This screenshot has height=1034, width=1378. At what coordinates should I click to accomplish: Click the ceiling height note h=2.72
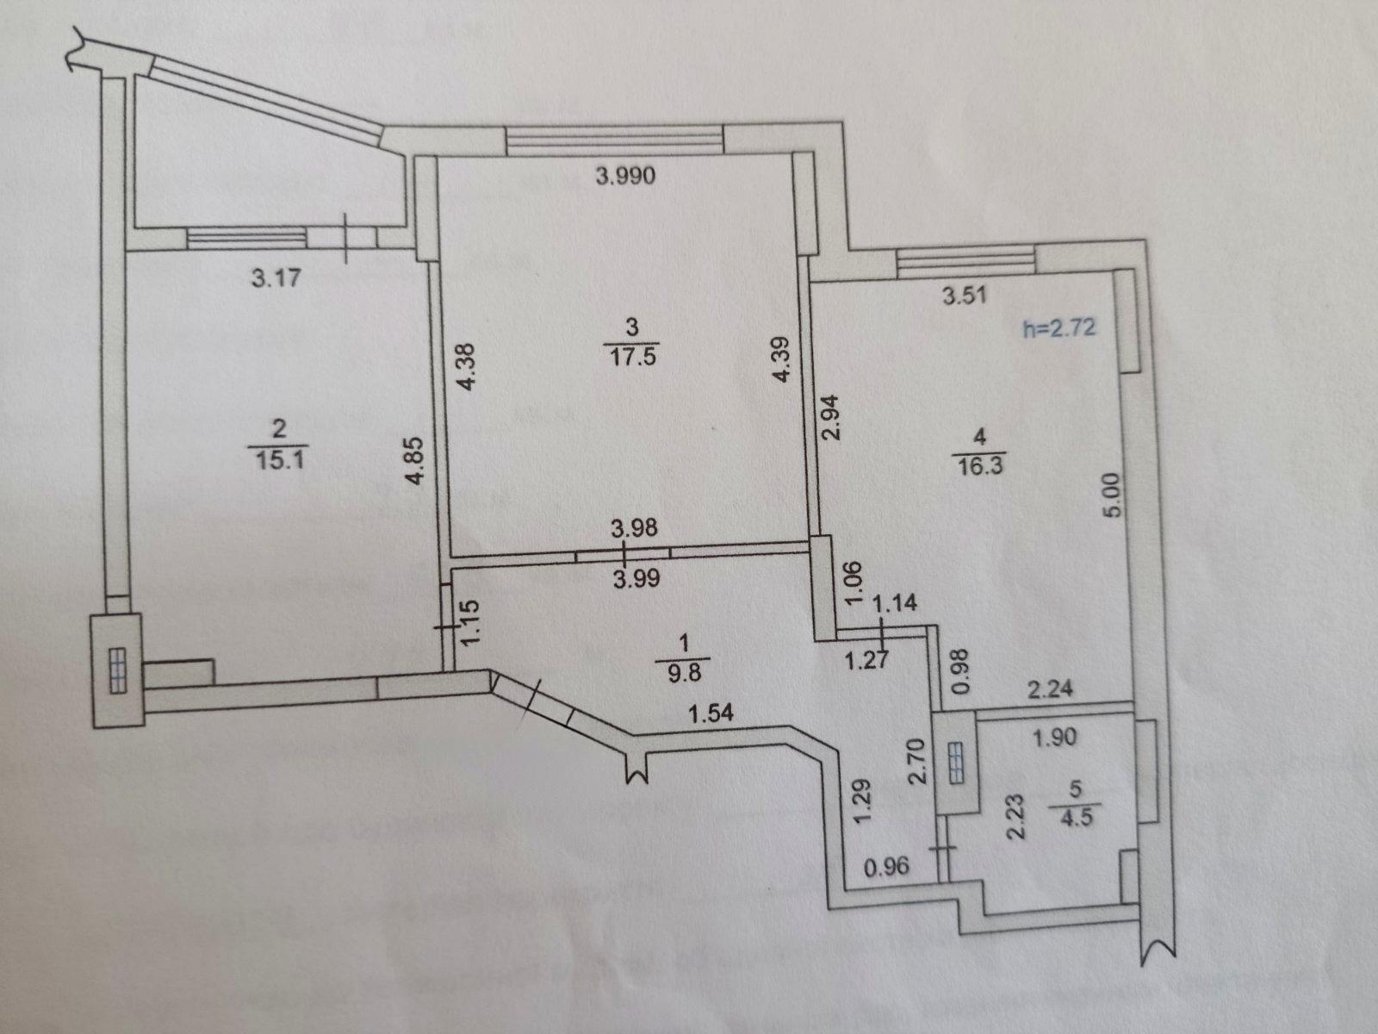click(1059, 327)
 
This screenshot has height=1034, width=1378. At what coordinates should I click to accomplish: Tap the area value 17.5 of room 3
click(632, 357)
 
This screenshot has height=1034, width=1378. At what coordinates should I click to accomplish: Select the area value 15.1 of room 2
click(279, 460)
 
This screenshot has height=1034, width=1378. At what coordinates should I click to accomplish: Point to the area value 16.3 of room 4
click(981, 466)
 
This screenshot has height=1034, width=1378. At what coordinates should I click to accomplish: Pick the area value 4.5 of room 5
click(1076, 818)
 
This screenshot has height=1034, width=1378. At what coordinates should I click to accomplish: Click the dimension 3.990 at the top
click(625, 176)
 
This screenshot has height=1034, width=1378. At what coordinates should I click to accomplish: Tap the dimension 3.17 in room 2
click(276, 277)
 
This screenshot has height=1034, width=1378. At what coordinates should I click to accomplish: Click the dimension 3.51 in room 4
click(965, 295)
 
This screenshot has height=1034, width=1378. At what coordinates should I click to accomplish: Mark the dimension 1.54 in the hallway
click(711, 713)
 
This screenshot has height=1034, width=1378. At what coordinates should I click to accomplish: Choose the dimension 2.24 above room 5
click(1050, 689)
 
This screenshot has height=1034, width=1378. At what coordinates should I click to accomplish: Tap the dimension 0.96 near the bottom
click(886, 867)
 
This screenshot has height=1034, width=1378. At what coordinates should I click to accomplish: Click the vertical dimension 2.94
click(830, 418)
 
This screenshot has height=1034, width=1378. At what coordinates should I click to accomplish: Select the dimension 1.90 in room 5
click(1055, 737)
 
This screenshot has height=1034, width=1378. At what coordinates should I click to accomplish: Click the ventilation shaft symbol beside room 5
click(955, 763)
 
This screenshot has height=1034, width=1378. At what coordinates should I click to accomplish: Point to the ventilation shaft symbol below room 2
click(118, 671)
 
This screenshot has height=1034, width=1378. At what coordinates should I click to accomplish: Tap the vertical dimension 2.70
click(918, 761)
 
